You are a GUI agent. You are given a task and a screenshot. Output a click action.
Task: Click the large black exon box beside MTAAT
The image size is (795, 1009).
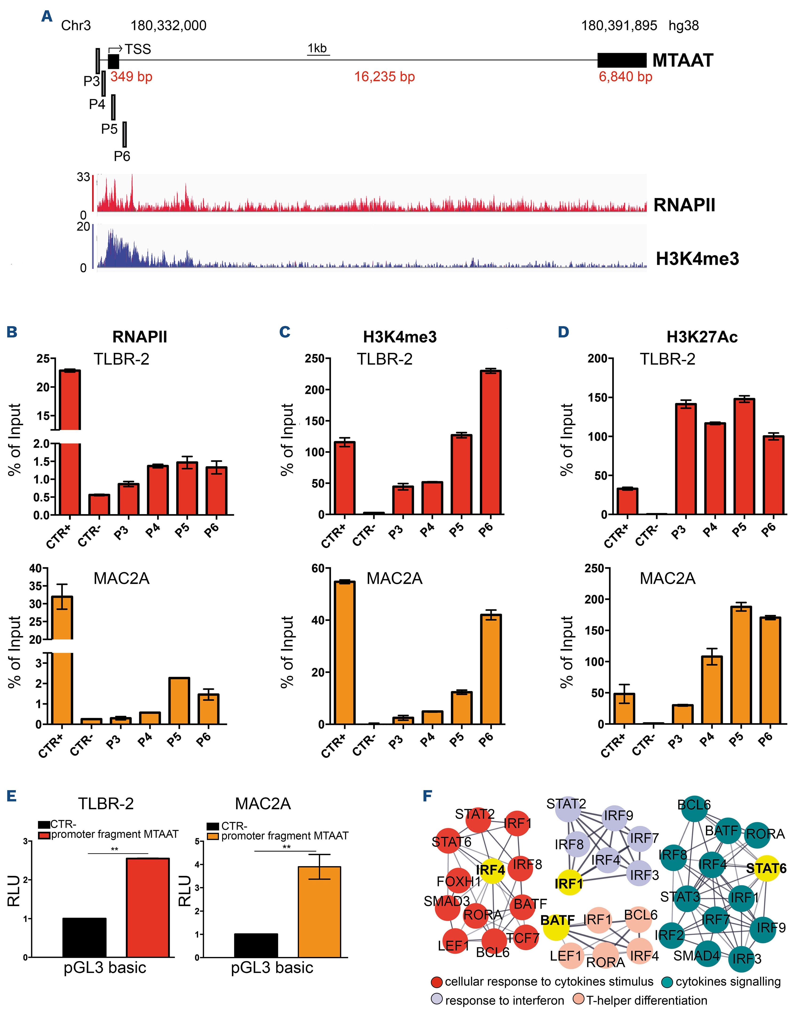tap(622, 60)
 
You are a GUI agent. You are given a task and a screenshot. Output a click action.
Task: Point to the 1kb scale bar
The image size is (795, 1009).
tap(318, 55)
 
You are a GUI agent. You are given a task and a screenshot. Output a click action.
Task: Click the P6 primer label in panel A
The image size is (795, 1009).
tap(122, 156)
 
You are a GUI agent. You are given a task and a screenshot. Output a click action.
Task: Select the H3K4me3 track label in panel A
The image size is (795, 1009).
tap(697, 258)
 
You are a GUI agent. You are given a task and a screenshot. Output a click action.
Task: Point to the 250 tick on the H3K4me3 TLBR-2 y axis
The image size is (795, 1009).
tap(316, 359)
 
